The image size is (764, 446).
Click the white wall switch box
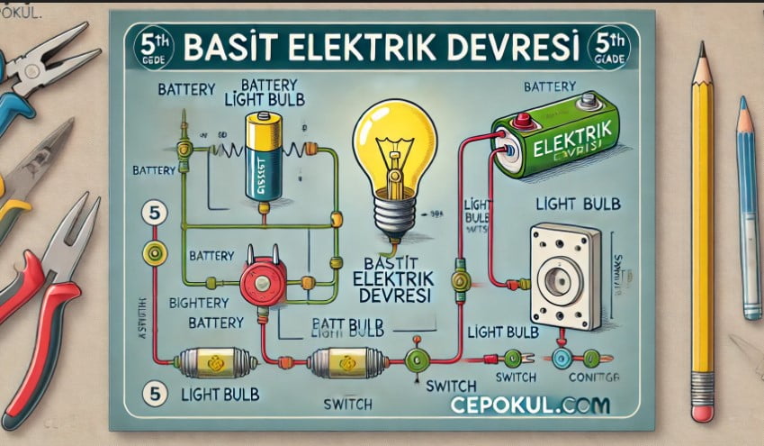[564, 275]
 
